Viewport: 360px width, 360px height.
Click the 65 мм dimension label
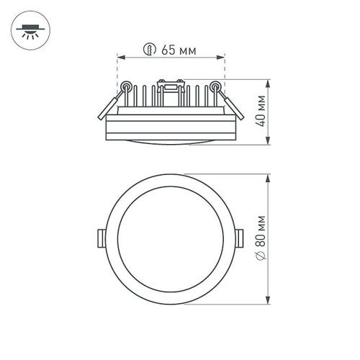pyautogui.click(x=178, y=50)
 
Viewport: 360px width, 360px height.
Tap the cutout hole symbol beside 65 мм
pyautogui.click(x=150, y=50)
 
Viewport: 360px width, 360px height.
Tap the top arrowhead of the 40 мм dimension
pyautogui.click(x=269, y=81)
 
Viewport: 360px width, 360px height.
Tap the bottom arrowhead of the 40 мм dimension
pyautogui.click(x=269, y=143)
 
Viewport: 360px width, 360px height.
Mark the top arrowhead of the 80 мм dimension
pyautogui.click(x=269, y=176)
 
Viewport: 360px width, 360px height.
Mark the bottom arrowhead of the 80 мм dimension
pyautogui.click(x=269, y=301)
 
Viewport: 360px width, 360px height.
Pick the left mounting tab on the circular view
pyautogui.click(x=100, y=238)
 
